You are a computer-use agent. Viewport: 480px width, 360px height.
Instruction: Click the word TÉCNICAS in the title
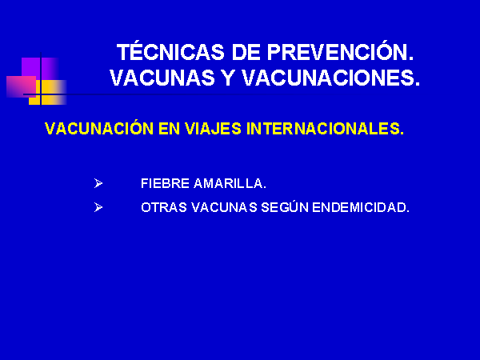coord(171,51)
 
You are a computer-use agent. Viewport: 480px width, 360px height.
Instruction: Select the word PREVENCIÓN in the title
coord(341,51)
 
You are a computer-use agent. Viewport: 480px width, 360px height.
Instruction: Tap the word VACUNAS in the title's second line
coord(162,78)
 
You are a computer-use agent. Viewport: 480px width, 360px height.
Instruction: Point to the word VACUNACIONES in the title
coord(331,78)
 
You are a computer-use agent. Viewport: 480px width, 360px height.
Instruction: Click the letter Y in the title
coord(228,78)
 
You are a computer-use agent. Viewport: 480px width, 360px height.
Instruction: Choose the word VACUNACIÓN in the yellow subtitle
coord(99,128)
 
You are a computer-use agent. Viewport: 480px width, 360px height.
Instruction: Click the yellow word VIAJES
coord(213,129)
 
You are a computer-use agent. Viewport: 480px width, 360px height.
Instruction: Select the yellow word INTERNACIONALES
coord(325,129)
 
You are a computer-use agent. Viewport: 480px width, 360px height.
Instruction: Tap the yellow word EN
coord(169,129)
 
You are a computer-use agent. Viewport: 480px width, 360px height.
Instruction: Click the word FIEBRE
coord(165,183)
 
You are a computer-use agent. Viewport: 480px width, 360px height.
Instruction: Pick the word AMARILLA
coord(230,183)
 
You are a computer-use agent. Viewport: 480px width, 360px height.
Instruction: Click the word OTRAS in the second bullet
coord(164,207)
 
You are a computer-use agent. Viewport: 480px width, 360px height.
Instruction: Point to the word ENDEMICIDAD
coord(361,207)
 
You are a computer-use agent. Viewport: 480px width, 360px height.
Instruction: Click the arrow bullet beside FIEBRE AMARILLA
coord(98,183)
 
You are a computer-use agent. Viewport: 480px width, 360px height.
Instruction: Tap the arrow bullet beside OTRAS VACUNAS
coord(98,207)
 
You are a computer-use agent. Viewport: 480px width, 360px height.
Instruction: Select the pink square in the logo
coord(21,86)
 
